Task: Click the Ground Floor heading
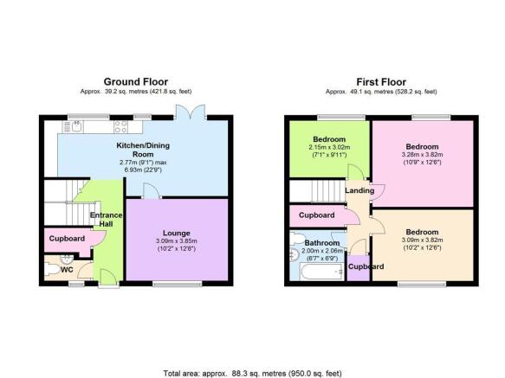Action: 136,81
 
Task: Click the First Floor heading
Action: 381,81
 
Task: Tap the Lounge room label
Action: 176,233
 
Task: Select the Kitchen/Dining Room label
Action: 143,150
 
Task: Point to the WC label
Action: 67,270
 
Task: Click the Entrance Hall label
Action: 106,220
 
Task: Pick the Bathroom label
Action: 322,243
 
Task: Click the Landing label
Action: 359,190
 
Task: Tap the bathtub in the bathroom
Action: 322,272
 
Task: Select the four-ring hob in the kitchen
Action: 120,126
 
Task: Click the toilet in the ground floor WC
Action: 51,269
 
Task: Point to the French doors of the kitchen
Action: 191,112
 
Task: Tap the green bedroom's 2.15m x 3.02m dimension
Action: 329,147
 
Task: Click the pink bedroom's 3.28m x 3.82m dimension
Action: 422,155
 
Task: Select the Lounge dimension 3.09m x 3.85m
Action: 177,241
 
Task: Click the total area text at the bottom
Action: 252,374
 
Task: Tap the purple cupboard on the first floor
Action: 359,267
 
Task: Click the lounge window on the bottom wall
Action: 177,284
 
